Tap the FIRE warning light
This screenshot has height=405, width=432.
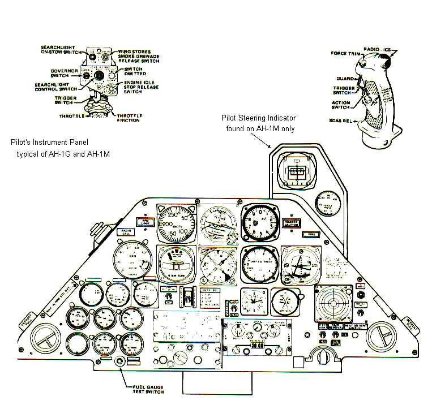310,233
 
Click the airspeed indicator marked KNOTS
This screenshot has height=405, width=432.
176,224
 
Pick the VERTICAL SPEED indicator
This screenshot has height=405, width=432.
259,264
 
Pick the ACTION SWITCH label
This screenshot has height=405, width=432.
341,105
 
